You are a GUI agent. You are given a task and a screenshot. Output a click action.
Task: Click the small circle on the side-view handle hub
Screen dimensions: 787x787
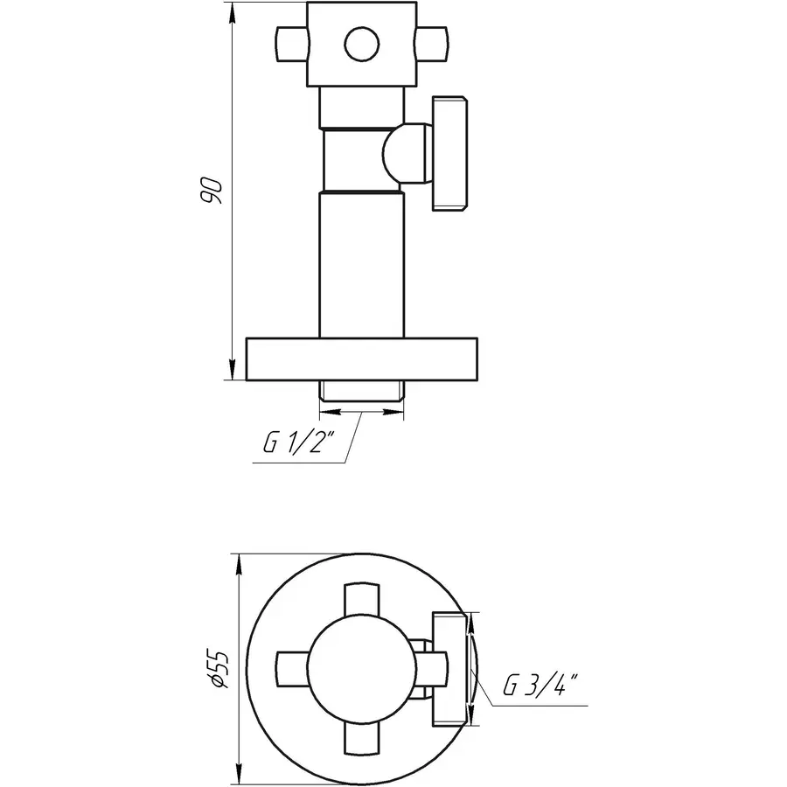(x=360, y=43)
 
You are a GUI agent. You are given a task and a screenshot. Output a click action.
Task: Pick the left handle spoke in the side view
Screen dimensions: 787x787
(x=290, y=43)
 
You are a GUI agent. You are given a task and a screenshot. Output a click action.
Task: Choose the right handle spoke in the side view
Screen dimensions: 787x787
(x=430, y=43)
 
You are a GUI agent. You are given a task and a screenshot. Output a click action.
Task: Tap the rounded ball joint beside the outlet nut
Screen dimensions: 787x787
(x=405, y=155)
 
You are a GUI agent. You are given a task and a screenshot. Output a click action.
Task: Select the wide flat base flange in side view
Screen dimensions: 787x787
(x=363, y=359)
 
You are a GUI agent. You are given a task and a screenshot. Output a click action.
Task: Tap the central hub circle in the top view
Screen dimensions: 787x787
(x=362, y=668)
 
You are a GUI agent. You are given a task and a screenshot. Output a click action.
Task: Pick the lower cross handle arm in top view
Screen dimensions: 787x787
(x=362, y=736)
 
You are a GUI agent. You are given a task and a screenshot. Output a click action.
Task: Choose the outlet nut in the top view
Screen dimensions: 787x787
(x=450, y=669)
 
